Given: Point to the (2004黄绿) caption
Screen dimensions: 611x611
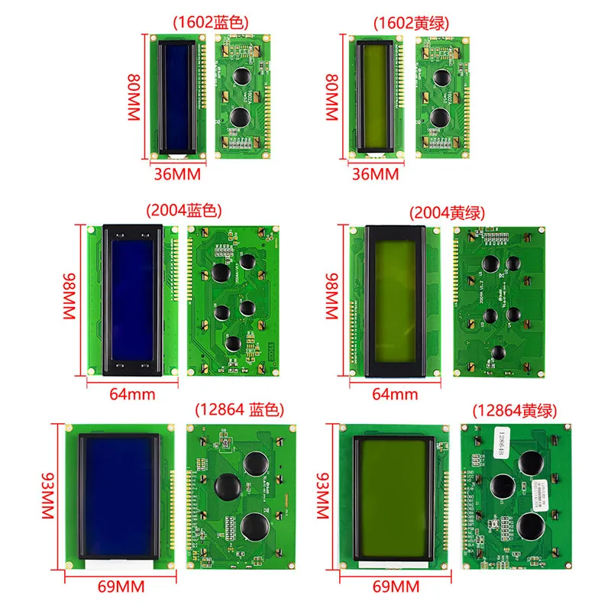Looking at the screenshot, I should click(x=447, y=212).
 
